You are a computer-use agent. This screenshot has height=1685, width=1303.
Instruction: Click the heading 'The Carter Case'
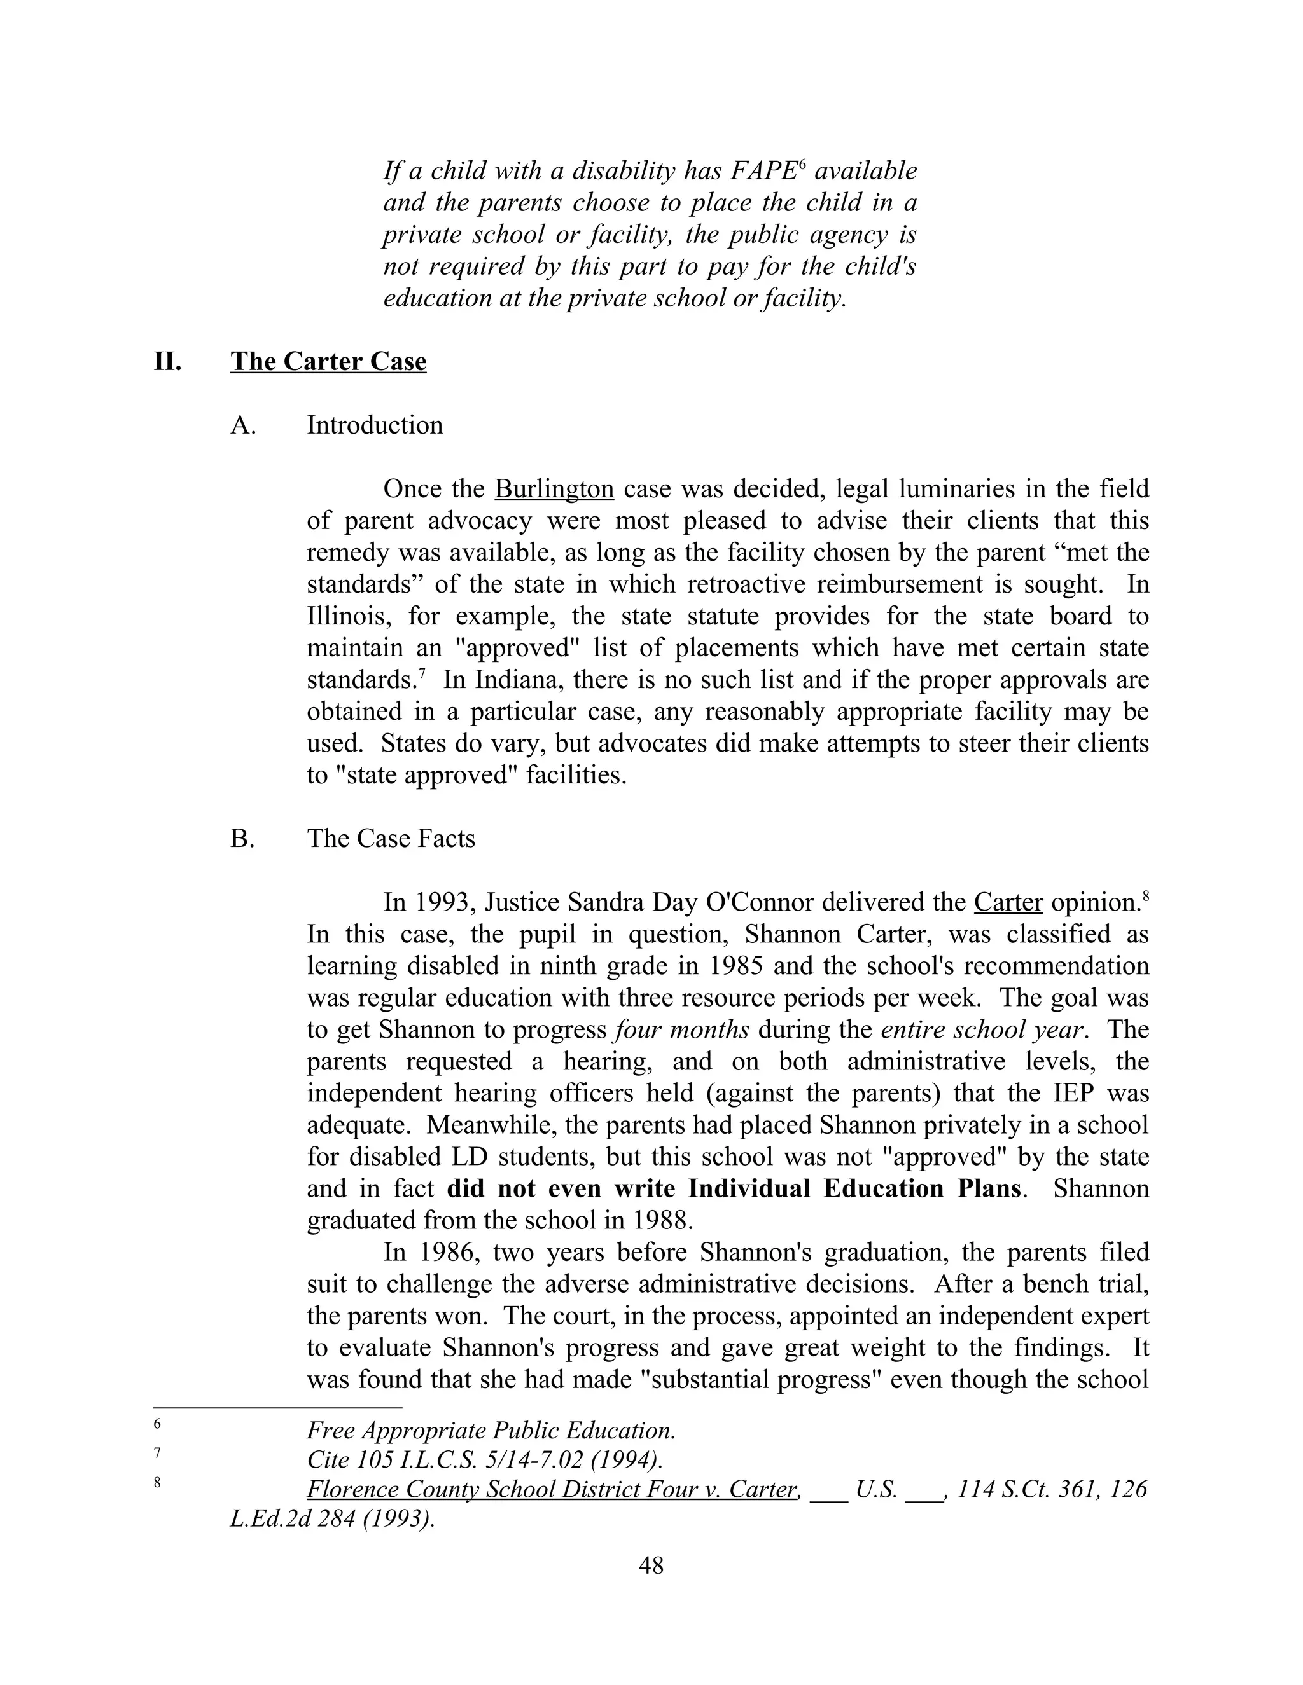[328, 361]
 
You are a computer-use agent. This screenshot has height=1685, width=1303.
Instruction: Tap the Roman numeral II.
[167, 361]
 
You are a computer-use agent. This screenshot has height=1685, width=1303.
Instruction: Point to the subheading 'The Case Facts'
[391, 838]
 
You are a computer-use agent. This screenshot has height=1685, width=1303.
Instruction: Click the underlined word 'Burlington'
[554, 489]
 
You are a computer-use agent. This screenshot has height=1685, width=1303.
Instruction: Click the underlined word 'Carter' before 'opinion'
[1008, 902]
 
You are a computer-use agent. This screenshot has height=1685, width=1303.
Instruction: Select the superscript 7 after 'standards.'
[422, 673]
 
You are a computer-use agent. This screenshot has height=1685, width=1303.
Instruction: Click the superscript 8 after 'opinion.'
[1145, 896]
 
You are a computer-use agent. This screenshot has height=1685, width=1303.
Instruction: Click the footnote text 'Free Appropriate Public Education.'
[491, 1431]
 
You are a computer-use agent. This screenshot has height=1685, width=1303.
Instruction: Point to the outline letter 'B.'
[242, 838]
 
